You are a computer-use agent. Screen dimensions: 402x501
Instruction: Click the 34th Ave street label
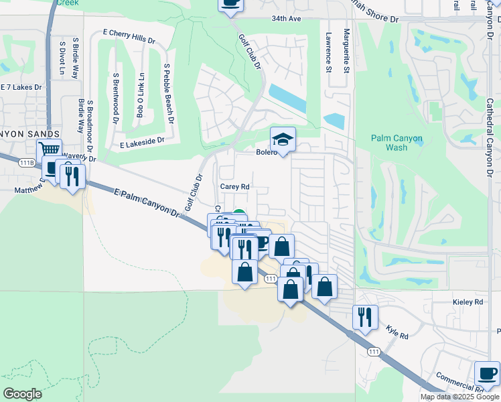(286, 19)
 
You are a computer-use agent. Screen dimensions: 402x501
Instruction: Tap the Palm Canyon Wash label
(397, 143)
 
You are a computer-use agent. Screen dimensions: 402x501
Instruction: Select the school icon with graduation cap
(283, 140)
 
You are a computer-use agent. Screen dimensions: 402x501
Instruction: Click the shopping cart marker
(49, 150)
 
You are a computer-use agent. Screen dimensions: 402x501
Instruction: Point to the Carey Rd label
(235, 187)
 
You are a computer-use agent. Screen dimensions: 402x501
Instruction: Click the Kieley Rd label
(468, 302)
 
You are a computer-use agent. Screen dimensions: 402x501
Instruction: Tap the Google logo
(23, 393)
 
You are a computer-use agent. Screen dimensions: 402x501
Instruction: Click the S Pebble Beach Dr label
(168, 93)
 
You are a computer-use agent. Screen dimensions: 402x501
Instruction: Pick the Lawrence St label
(328, 52)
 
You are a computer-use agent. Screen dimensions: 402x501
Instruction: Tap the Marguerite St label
(346, 51)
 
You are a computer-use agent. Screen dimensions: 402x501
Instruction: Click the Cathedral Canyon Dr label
(490, 135)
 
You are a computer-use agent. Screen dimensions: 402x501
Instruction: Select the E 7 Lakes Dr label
(21, 87)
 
